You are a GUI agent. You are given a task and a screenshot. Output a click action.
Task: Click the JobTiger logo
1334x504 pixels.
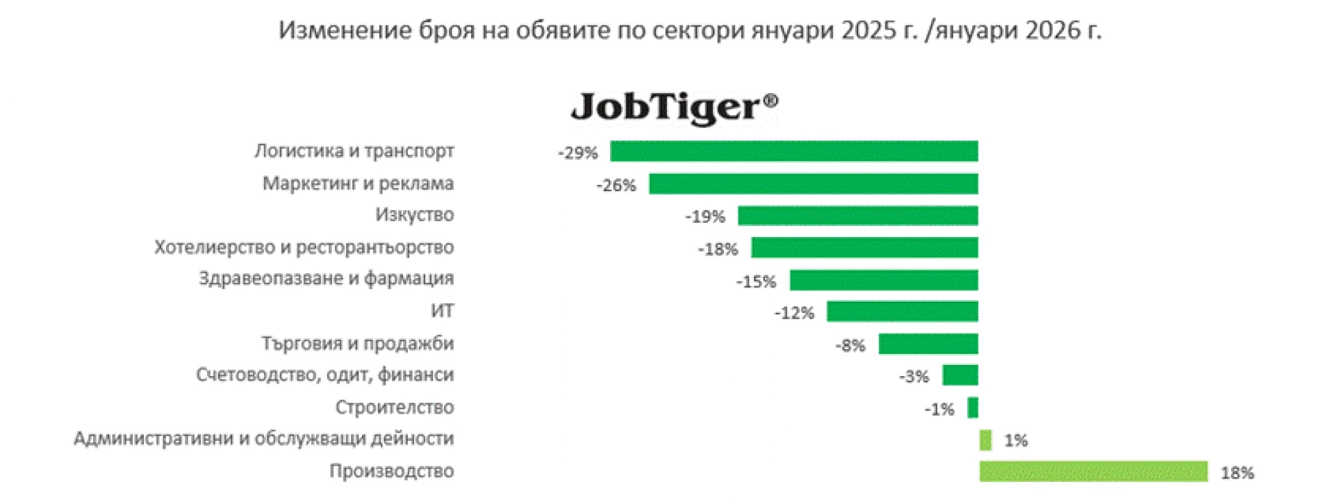[x=674, y=108]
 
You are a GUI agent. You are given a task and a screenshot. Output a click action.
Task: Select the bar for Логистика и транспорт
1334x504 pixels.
[x=793, y=152]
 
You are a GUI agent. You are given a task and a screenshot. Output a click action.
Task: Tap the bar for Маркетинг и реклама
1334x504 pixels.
[x=813, y=184]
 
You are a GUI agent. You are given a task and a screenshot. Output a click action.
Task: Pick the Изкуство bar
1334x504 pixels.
[x=857, y=216]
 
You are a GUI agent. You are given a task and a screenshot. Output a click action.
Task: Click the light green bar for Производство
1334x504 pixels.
[x=1093, y=471]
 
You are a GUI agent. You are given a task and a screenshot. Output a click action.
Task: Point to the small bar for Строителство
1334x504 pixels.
[x=973, y=407]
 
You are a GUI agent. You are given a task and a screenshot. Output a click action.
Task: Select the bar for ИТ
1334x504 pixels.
[x=902, y=311]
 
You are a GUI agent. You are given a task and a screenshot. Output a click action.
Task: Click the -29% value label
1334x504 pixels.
[x=577, y=153]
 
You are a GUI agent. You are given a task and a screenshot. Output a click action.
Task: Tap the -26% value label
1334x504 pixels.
[x=616, y=186]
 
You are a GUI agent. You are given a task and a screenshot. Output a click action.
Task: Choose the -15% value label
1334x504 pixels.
[x=756, y=282]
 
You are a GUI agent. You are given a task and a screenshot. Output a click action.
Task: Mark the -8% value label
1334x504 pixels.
[x=850, y=346]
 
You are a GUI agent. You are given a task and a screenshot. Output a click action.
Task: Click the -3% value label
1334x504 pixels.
[x=914, y=377]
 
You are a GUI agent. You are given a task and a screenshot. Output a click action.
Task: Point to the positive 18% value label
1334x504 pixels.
[x=1237, y=473]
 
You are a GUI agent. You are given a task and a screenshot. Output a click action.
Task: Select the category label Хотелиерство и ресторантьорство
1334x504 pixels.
[x=304, y=247]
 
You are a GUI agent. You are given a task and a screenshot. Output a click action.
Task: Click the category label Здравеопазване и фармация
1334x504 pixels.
[x=326, y=279]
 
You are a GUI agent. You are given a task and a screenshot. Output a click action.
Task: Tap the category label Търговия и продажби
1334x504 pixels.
[x=357, y=343]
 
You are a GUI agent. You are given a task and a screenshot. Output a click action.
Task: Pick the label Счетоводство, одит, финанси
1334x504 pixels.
[x=324, y=375]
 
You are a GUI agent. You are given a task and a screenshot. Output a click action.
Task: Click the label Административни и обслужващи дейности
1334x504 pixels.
[x=263, y=439]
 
